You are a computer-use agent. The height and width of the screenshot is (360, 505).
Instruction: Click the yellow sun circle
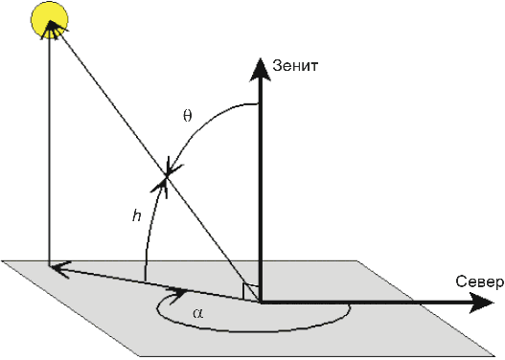tap(50, 20)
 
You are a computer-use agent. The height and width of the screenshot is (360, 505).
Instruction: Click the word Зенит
tap(295, 66)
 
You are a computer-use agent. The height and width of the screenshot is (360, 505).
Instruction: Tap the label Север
tap(479, 281)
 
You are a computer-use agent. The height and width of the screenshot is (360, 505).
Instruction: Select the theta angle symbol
tap(188, 116)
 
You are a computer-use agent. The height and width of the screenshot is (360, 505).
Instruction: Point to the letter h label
tap(137, 215)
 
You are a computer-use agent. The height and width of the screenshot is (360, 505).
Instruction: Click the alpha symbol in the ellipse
tap(198, 313)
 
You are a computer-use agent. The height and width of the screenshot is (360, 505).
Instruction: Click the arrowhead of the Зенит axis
tap(260, 69)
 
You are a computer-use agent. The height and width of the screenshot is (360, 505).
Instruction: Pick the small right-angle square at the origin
tap(250, 292)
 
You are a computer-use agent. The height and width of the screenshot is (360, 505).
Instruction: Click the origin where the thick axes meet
tap(260, 303)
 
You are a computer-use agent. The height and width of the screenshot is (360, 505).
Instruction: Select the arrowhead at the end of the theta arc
tap(173, 167)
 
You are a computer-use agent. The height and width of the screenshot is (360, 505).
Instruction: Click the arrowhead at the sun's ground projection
tap(60, 270)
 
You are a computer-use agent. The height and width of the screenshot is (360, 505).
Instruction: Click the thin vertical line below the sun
tap(49, 151)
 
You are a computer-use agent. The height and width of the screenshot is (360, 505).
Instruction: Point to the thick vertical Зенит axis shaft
tap(260, 190)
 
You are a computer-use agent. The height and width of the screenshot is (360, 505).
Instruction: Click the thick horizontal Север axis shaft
tap(365, 303)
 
